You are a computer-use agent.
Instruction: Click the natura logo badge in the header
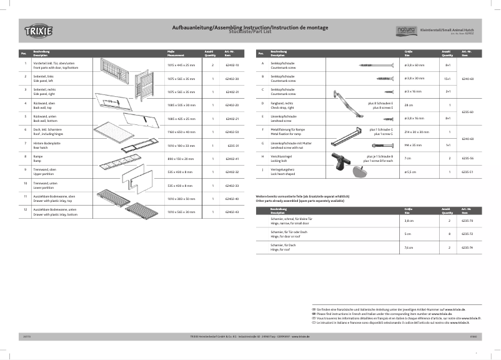pos(405,29)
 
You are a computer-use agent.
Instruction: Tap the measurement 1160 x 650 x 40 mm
pos(181,132)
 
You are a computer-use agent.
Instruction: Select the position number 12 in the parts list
pos(24,209)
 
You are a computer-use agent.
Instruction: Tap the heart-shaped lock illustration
pos(359,171)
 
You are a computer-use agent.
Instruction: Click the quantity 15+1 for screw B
pos(447,79)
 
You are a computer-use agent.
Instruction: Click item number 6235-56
pos(467,158)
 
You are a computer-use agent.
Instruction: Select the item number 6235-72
pos(467,234)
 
